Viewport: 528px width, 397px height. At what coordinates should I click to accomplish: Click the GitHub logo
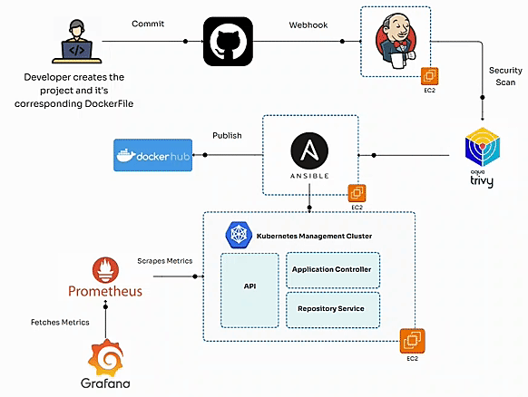[x=228, y=42]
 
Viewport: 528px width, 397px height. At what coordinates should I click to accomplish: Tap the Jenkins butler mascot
[x=396, y=41]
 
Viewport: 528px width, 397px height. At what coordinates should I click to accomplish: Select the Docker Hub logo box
[x=153, y=155]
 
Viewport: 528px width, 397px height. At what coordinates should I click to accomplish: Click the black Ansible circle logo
[x=309, y=150]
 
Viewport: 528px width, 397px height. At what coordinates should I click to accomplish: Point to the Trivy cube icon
[x=483, y=147]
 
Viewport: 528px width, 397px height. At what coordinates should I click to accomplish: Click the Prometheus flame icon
[x=105, y=270]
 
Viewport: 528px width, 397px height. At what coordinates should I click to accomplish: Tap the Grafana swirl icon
[x=106, y=358]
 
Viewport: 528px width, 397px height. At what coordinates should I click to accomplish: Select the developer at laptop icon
[x=77, y=42]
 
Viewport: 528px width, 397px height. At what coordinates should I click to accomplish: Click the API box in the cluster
[x=249, y=290]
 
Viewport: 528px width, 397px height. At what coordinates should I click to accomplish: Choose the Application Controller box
[x=333, y=270]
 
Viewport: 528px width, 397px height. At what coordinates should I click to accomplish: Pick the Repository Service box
[x=333, y=310]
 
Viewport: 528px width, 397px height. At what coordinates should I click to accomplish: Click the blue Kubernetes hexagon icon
[x=239, y=235]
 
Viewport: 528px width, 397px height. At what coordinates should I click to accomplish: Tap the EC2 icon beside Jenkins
[x=430, y=76]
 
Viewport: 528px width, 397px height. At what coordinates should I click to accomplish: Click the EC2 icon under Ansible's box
[x=357, y=193]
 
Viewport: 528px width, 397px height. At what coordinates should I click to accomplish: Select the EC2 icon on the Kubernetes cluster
[x=413, y=341]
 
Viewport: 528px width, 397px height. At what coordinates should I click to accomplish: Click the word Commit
[x=148, y=24]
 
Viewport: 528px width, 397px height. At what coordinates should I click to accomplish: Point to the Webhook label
[x=308, y=25]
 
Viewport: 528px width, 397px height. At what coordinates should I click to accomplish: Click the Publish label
[x=227, y=136]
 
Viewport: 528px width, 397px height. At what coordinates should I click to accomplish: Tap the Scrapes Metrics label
[x=165, y=261]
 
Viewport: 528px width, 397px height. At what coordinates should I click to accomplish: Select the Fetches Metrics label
[x=60, y=323]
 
